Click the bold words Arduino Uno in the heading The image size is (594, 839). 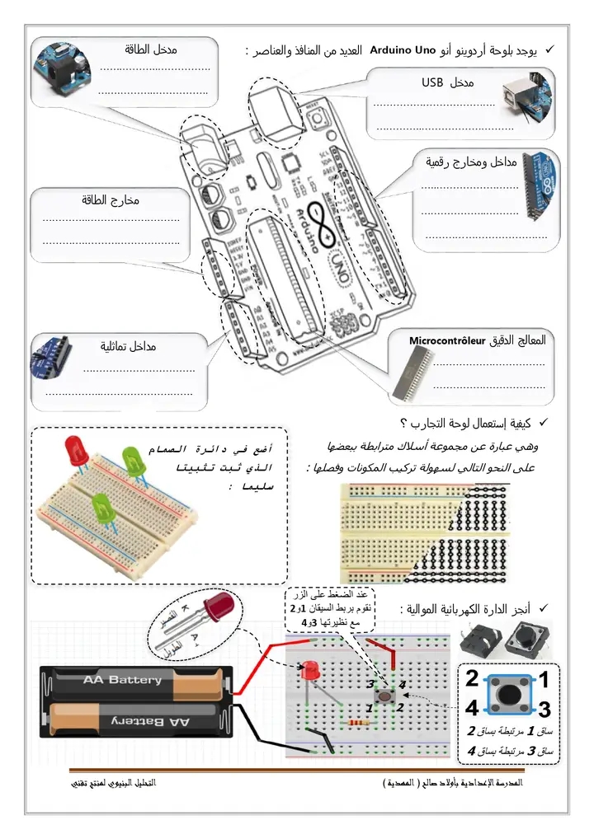click(x=403, y=51)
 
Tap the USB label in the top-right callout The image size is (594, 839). click(x=432, y=82)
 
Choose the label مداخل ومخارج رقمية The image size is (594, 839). click(x=471, y=162)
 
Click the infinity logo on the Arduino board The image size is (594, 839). click(x=319, y=222)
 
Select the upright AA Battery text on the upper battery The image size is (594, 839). click(x=122, y=680)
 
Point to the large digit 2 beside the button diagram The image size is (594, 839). click(x=472, y=679)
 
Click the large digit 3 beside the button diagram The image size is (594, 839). click(x=544, y=709)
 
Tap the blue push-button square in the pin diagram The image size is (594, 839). click(x=507, y=694)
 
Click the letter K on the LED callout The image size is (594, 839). click(x=183, y=608)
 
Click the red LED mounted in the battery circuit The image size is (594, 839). click(x=310, y=671)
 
